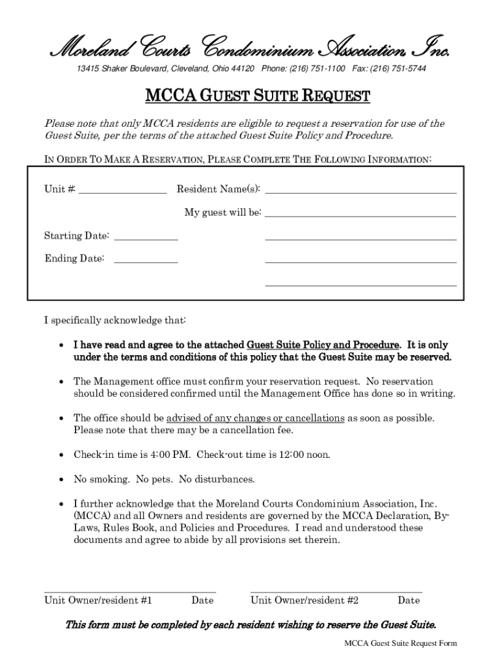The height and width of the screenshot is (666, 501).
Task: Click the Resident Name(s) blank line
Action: [360, 190]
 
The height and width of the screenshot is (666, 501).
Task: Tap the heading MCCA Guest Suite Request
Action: [257, 97]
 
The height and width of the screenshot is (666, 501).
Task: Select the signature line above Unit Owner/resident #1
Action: [129, 592]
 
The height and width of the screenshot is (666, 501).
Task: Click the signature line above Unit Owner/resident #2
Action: [336, 592]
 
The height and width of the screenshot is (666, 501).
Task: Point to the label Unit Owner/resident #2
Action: [305, 600]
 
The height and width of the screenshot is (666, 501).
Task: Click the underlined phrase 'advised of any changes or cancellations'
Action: [256, 418]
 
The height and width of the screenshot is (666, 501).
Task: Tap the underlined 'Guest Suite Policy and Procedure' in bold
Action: [323, 345]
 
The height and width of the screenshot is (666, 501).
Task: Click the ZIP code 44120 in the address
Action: [244, 69]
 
